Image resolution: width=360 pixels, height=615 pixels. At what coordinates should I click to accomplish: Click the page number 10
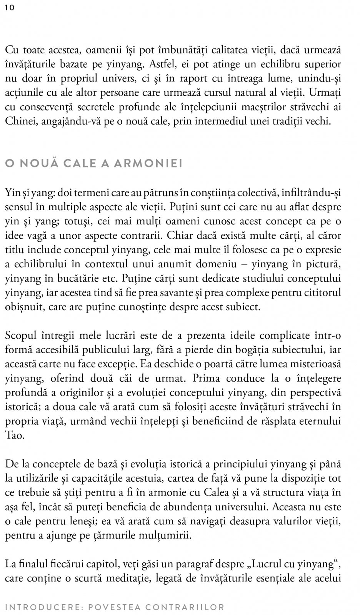click(10, 8)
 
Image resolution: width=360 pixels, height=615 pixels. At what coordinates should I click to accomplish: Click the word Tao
click(15, 435)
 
